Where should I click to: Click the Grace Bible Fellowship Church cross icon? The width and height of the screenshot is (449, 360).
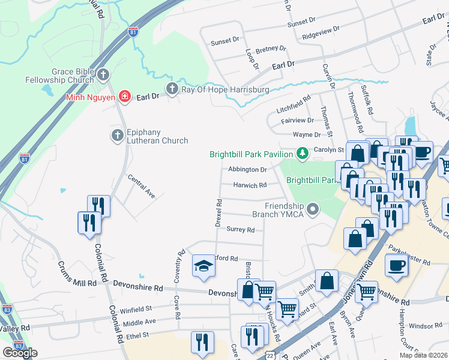pos(103,75)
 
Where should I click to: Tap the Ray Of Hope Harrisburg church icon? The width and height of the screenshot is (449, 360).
pos(172,89)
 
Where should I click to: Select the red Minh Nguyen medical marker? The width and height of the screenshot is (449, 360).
pos(124,96)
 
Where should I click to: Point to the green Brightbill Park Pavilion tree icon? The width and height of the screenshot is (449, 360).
pos(303,154)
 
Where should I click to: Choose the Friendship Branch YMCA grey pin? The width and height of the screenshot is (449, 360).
pos(312,209)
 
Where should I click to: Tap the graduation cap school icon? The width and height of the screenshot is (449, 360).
pos(203,266)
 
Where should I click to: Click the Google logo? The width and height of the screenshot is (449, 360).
pos(20,353)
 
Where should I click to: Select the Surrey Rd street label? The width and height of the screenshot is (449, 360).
pos(241,229)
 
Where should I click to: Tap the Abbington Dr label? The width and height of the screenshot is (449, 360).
pos(247,170)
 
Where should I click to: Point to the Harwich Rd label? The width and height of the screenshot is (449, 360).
pos(250,185)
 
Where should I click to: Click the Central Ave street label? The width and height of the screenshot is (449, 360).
pos(141,186)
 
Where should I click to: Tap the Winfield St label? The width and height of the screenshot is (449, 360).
pos(136,310)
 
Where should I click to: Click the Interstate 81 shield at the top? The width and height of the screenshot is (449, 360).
pos(133,32)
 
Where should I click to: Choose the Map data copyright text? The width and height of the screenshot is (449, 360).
pos(423,355)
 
